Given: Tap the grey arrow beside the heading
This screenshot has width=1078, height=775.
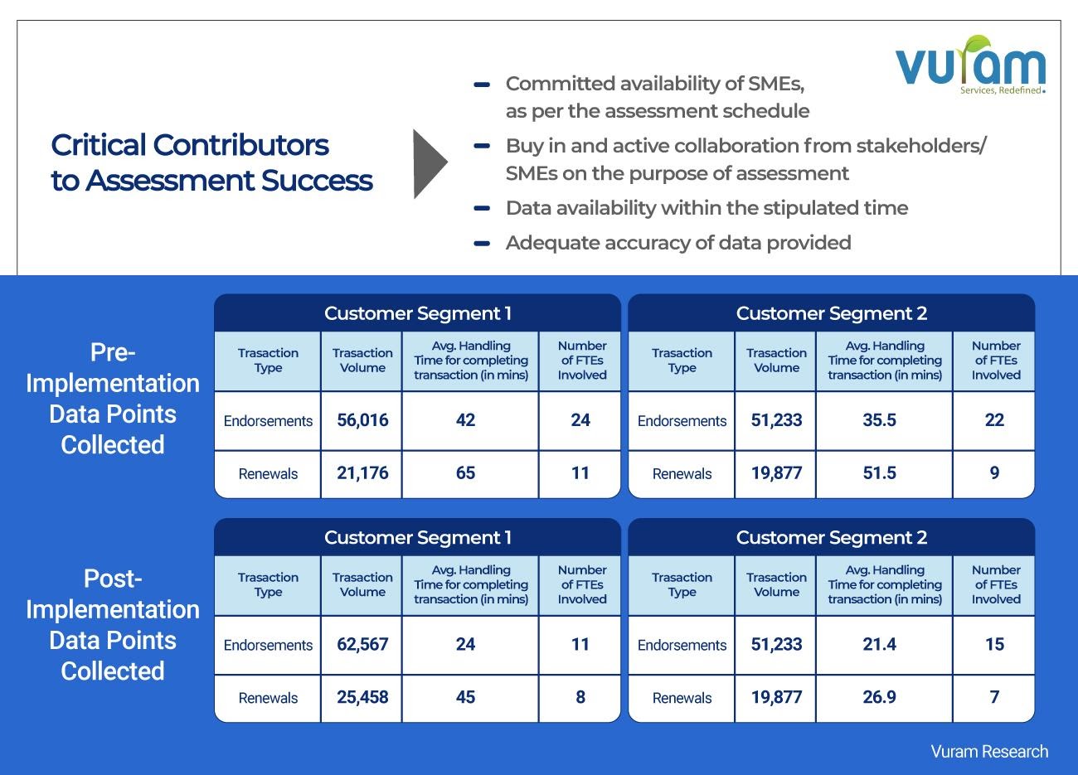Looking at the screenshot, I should pyautogui.click(x=429, y=163).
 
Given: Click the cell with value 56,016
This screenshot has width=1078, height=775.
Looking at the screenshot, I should pyautogui.click(x=362, y=420).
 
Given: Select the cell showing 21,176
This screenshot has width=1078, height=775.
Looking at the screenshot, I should pyautogui.click(x=362, y=473).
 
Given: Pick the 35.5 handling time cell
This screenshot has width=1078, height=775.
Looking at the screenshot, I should pyautogui.click(x=879, y=420).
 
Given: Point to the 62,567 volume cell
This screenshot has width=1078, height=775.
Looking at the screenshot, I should pyautogui.click(x=362, y=645).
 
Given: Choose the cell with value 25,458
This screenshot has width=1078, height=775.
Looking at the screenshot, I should pyautogui.click(x=362, y=697).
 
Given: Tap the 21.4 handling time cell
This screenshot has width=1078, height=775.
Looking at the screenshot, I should pyautogui.click(x=879, y=645).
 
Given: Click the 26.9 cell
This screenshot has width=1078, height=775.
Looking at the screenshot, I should pyautogui.click(x=879, y=697).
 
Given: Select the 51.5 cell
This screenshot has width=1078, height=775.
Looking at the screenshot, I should pyautogui.click(x=879, y=473).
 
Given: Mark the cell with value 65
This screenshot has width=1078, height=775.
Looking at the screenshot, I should pyautogui.click(x=465, y=473).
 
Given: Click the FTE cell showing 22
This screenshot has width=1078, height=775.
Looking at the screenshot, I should pyautogui.click(x=994, y=420).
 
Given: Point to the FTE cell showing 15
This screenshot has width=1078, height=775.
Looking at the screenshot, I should pyautogui.click(x=994, y=645).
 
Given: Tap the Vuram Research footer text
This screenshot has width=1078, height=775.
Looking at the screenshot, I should pyautogui.click(x=989, y=752).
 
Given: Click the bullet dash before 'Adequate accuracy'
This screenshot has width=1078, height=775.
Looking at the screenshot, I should pyautogui.click(x=481, y=243).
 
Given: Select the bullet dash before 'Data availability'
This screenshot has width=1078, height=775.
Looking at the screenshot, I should pyautogui.click(x=481, y=208).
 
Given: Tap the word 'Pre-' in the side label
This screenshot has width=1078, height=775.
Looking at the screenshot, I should pyautogui.click(x=113, y=353).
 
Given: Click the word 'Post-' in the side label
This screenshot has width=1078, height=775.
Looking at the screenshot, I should pyautogui.click(x=113, y=579).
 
